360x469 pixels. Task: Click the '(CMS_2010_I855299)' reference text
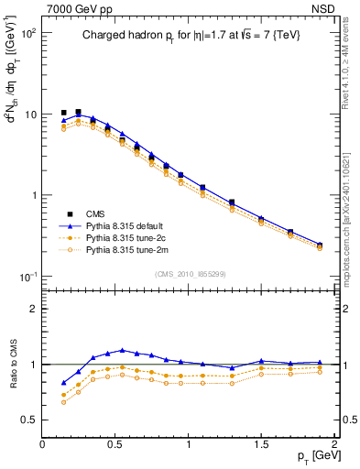tap(189, 274)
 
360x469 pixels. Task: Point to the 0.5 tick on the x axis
tap(115, 442)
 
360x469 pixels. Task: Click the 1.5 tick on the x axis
tap(262, 442)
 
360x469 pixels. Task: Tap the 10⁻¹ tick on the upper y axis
tap(28, 277)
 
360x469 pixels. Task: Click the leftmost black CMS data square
tap(64, 113)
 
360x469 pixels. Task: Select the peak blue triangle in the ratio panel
tap(123, 351)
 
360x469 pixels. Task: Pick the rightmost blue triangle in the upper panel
tap(320, 245)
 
